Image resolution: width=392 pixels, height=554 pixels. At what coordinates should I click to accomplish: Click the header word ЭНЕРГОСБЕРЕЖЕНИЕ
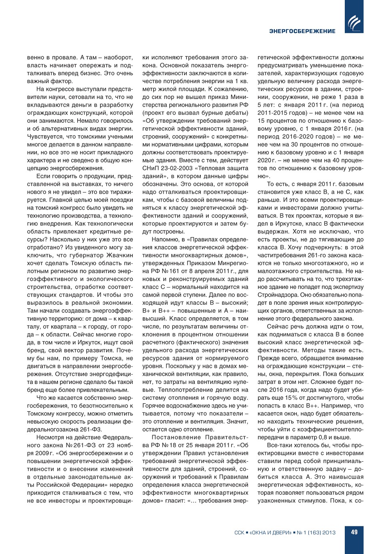pos(302,31)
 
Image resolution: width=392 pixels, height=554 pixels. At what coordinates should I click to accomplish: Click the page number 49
pos(354,532)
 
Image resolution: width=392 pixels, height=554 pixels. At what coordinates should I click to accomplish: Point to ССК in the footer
pos(239,532)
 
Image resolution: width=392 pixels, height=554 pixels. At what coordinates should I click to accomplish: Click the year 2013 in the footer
pos(328,532)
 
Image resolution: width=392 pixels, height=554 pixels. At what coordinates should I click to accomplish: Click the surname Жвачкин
pos(120,255)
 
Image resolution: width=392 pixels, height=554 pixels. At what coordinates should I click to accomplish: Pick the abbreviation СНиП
pos(151,168)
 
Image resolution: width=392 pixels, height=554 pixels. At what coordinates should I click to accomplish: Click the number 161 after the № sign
pos(174,271)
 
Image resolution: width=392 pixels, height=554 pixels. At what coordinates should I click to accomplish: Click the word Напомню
pos(165,240)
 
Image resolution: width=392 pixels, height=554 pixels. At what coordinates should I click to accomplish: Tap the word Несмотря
pos(51,437)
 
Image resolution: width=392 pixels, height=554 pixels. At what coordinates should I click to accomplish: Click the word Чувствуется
pos(44,137)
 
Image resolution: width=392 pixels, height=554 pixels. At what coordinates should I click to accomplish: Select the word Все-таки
pos(279,445)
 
